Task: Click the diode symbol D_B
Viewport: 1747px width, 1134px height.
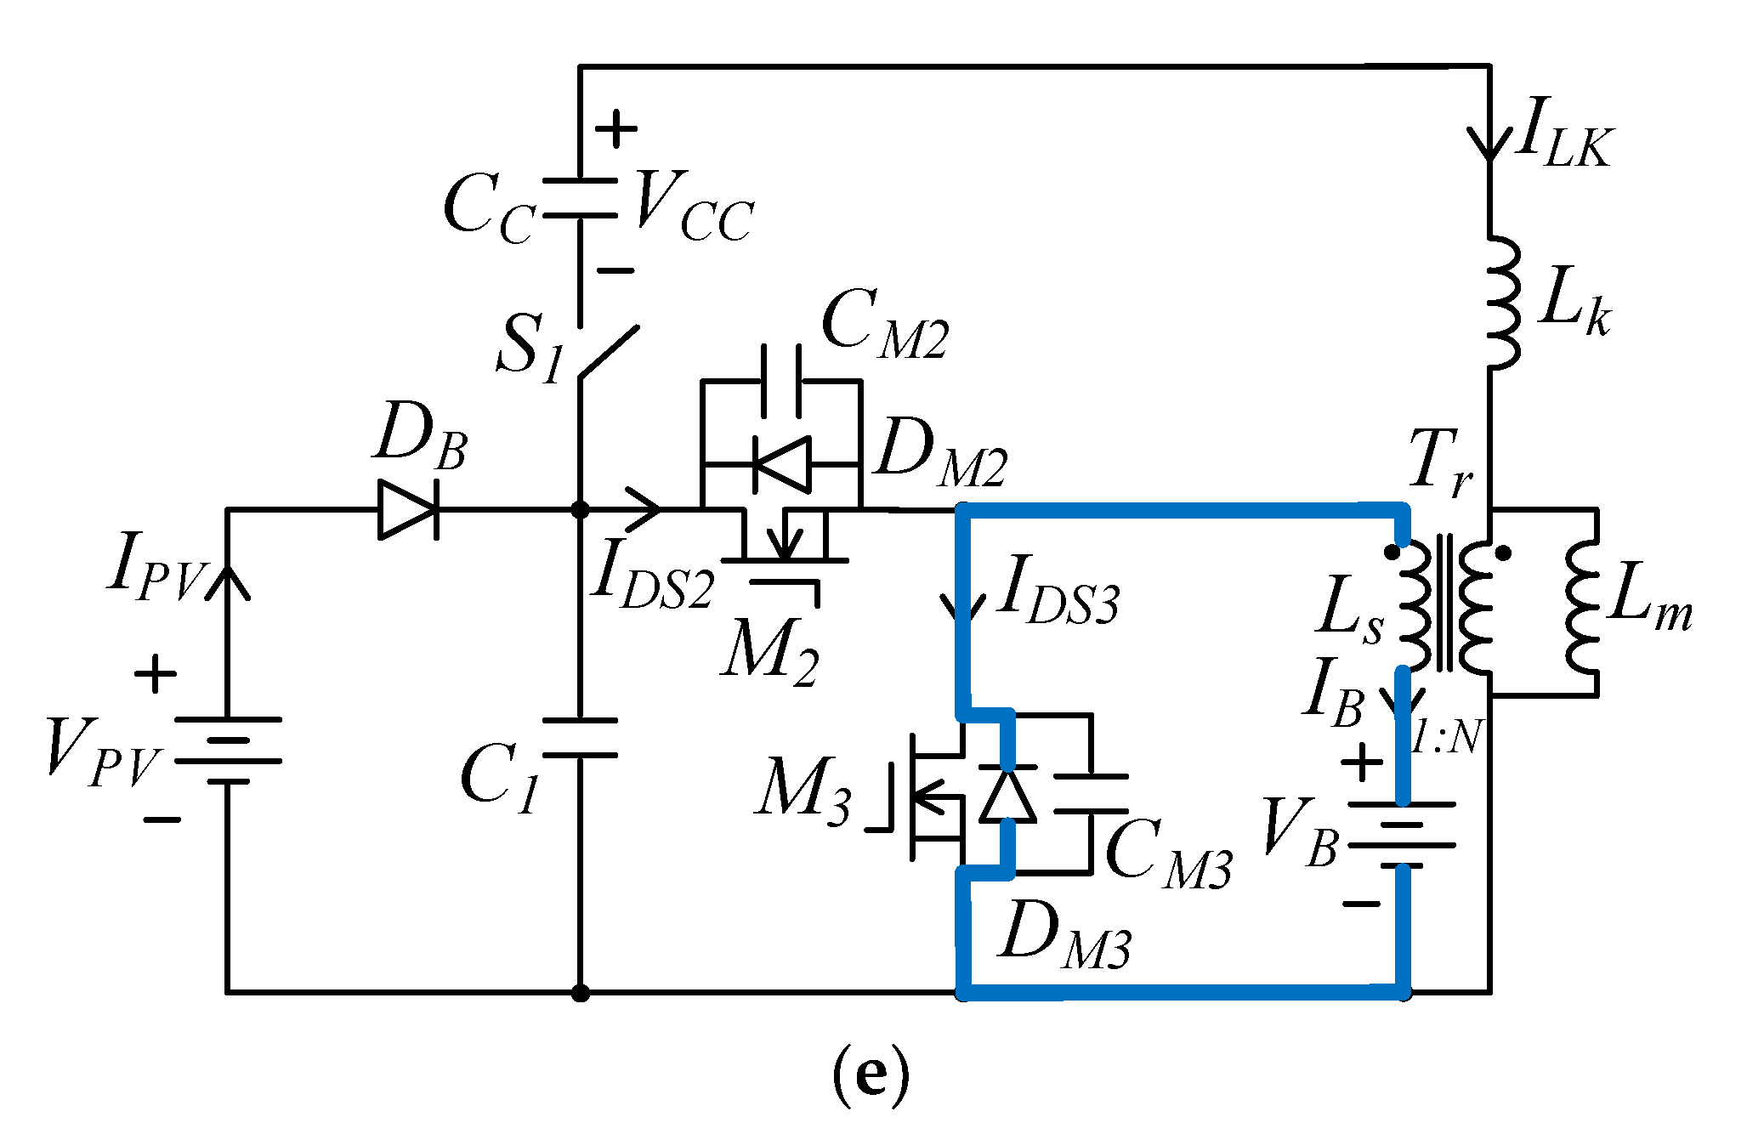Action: click(409, 509)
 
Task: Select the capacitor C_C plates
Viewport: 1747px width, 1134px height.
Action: click(580, 198)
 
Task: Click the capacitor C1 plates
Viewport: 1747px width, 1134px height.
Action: click(580, 737)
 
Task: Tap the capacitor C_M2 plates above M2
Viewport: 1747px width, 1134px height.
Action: click(781, 380)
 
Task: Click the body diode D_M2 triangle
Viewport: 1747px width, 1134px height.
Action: click(781, 464)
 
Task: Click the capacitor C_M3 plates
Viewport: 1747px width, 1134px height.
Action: click(1092, 794)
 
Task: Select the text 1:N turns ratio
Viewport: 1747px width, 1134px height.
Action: click(1447, 736)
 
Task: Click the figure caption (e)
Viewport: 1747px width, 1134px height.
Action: click(870, 1075)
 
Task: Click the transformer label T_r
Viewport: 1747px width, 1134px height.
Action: click(1440, 464)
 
